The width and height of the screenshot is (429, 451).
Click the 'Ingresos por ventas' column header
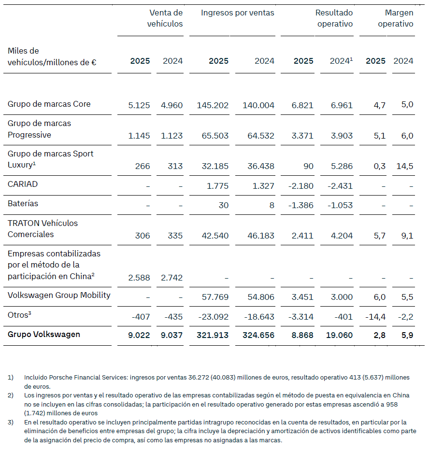[x=237, y=13]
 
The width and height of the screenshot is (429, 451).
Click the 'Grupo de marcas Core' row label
[x=49, y=104]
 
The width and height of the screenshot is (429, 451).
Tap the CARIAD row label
[x=22, y=184]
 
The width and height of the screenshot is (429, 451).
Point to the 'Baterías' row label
[x=23, y=203]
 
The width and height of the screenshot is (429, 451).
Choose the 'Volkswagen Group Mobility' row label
[x=59, y=295]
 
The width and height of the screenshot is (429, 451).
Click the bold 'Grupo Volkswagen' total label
[x=44, y=334]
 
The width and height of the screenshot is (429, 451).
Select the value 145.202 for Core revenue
[x=213, y=105]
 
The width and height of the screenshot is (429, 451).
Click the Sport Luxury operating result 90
[x=308, y=166]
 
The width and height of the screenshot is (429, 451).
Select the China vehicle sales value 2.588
[x=139, y=278]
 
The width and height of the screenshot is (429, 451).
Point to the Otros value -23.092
[x=213, y=317]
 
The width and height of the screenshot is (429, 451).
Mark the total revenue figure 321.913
[x=213, y=335]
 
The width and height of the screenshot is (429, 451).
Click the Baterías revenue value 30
[x=223, y=205]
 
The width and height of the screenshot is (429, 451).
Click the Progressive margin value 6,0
[x=408, y=136]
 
